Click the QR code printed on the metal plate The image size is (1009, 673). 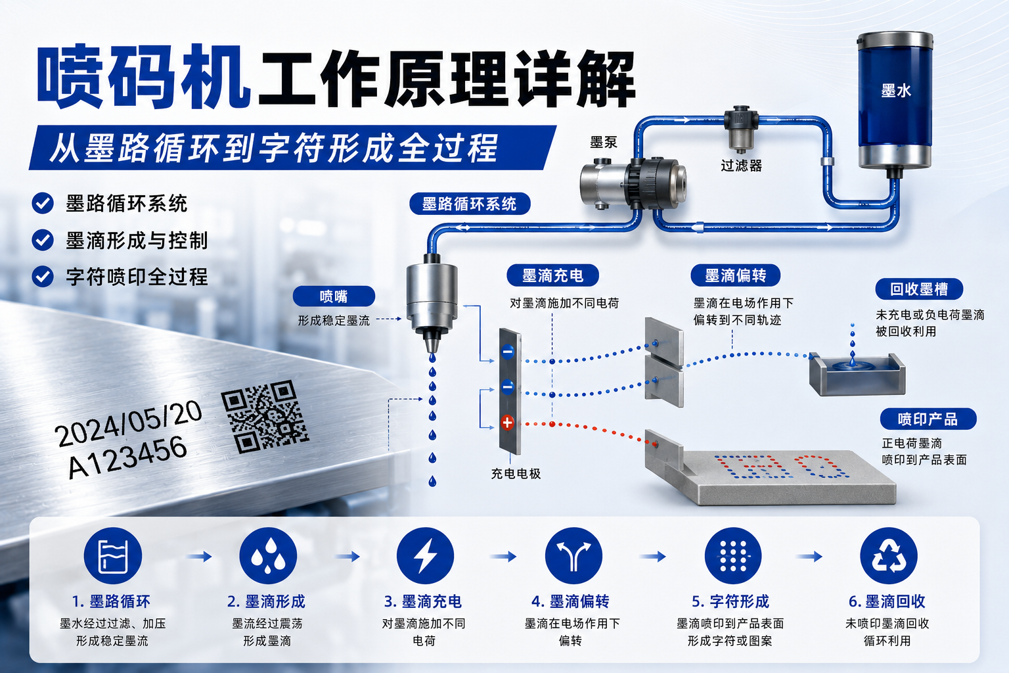click(265, 417)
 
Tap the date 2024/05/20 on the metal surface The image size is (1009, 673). click(128, 423)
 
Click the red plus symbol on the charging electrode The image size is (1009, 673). click(507, 423)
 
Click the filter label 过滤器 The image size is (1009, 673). click(742, 166)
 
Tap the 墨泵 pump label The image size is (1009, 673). click(604, 143)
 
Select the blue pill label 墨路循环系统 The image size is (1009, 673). click(470, 204)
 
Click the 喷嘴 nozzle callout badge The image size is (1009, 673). click(334, 296)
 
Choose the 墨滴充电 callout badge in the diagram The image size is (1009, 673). click(552, 275)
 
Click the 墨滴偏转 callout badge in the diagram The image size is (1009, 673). click(736, 275)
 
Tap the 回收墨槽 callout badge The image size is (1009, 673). click(920, 289)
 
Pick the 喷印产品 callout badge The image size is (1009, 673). click(928, 419)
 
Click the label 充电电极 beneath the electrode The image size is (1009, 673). click(516, 473)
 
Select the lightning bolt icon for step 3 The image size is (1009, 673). click(425, 556)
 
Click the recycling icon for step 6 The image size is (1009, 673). click(889, 556)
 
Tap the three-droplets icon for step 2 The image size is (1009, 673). click(268, 556)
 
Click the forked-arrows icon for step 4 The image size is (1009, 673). click(573, 556)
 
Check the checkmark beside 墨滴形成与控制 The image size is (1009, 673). click(43, 240)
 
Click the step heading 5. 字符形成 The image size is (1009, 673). click(730, 601)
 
